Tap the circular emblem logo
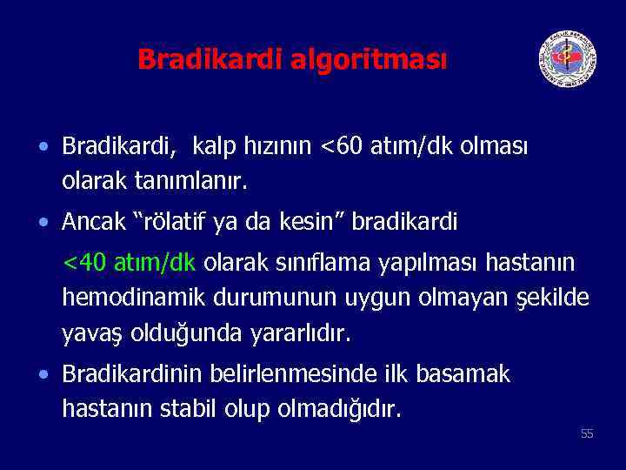(x=567, y=58)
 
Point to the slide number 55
(x=587, y=433)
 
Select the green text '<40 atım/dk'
(x=130, y=263)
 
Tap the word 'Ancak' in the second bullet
(x=92, y=223)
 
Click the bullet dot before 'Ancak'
(x=44, y=224)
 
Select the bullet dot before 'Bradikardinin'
(x=44, y=375)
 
